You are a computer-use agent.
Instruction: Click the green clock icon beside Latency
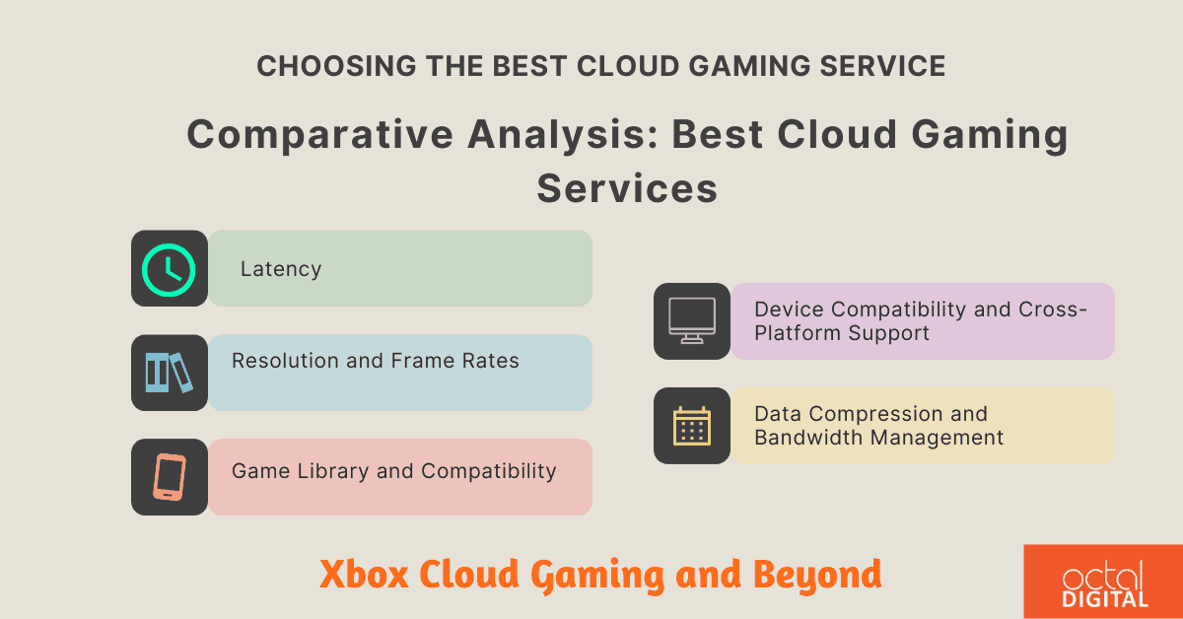point(169,268)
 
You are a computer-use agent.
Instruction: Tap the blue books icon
point(169,373)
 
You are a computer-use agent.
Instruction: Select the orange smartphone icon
point(169,477)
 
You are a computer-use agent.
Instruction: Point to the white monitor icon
point(691,321)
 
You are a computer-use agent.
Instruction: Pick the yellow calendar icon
point(691,426)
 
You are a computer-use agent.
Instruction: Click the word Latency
point(281,269)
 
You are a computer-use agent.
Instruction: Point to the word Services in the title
point(627,187)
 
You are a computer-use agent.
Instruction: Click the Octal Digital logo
point(1104,582)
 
